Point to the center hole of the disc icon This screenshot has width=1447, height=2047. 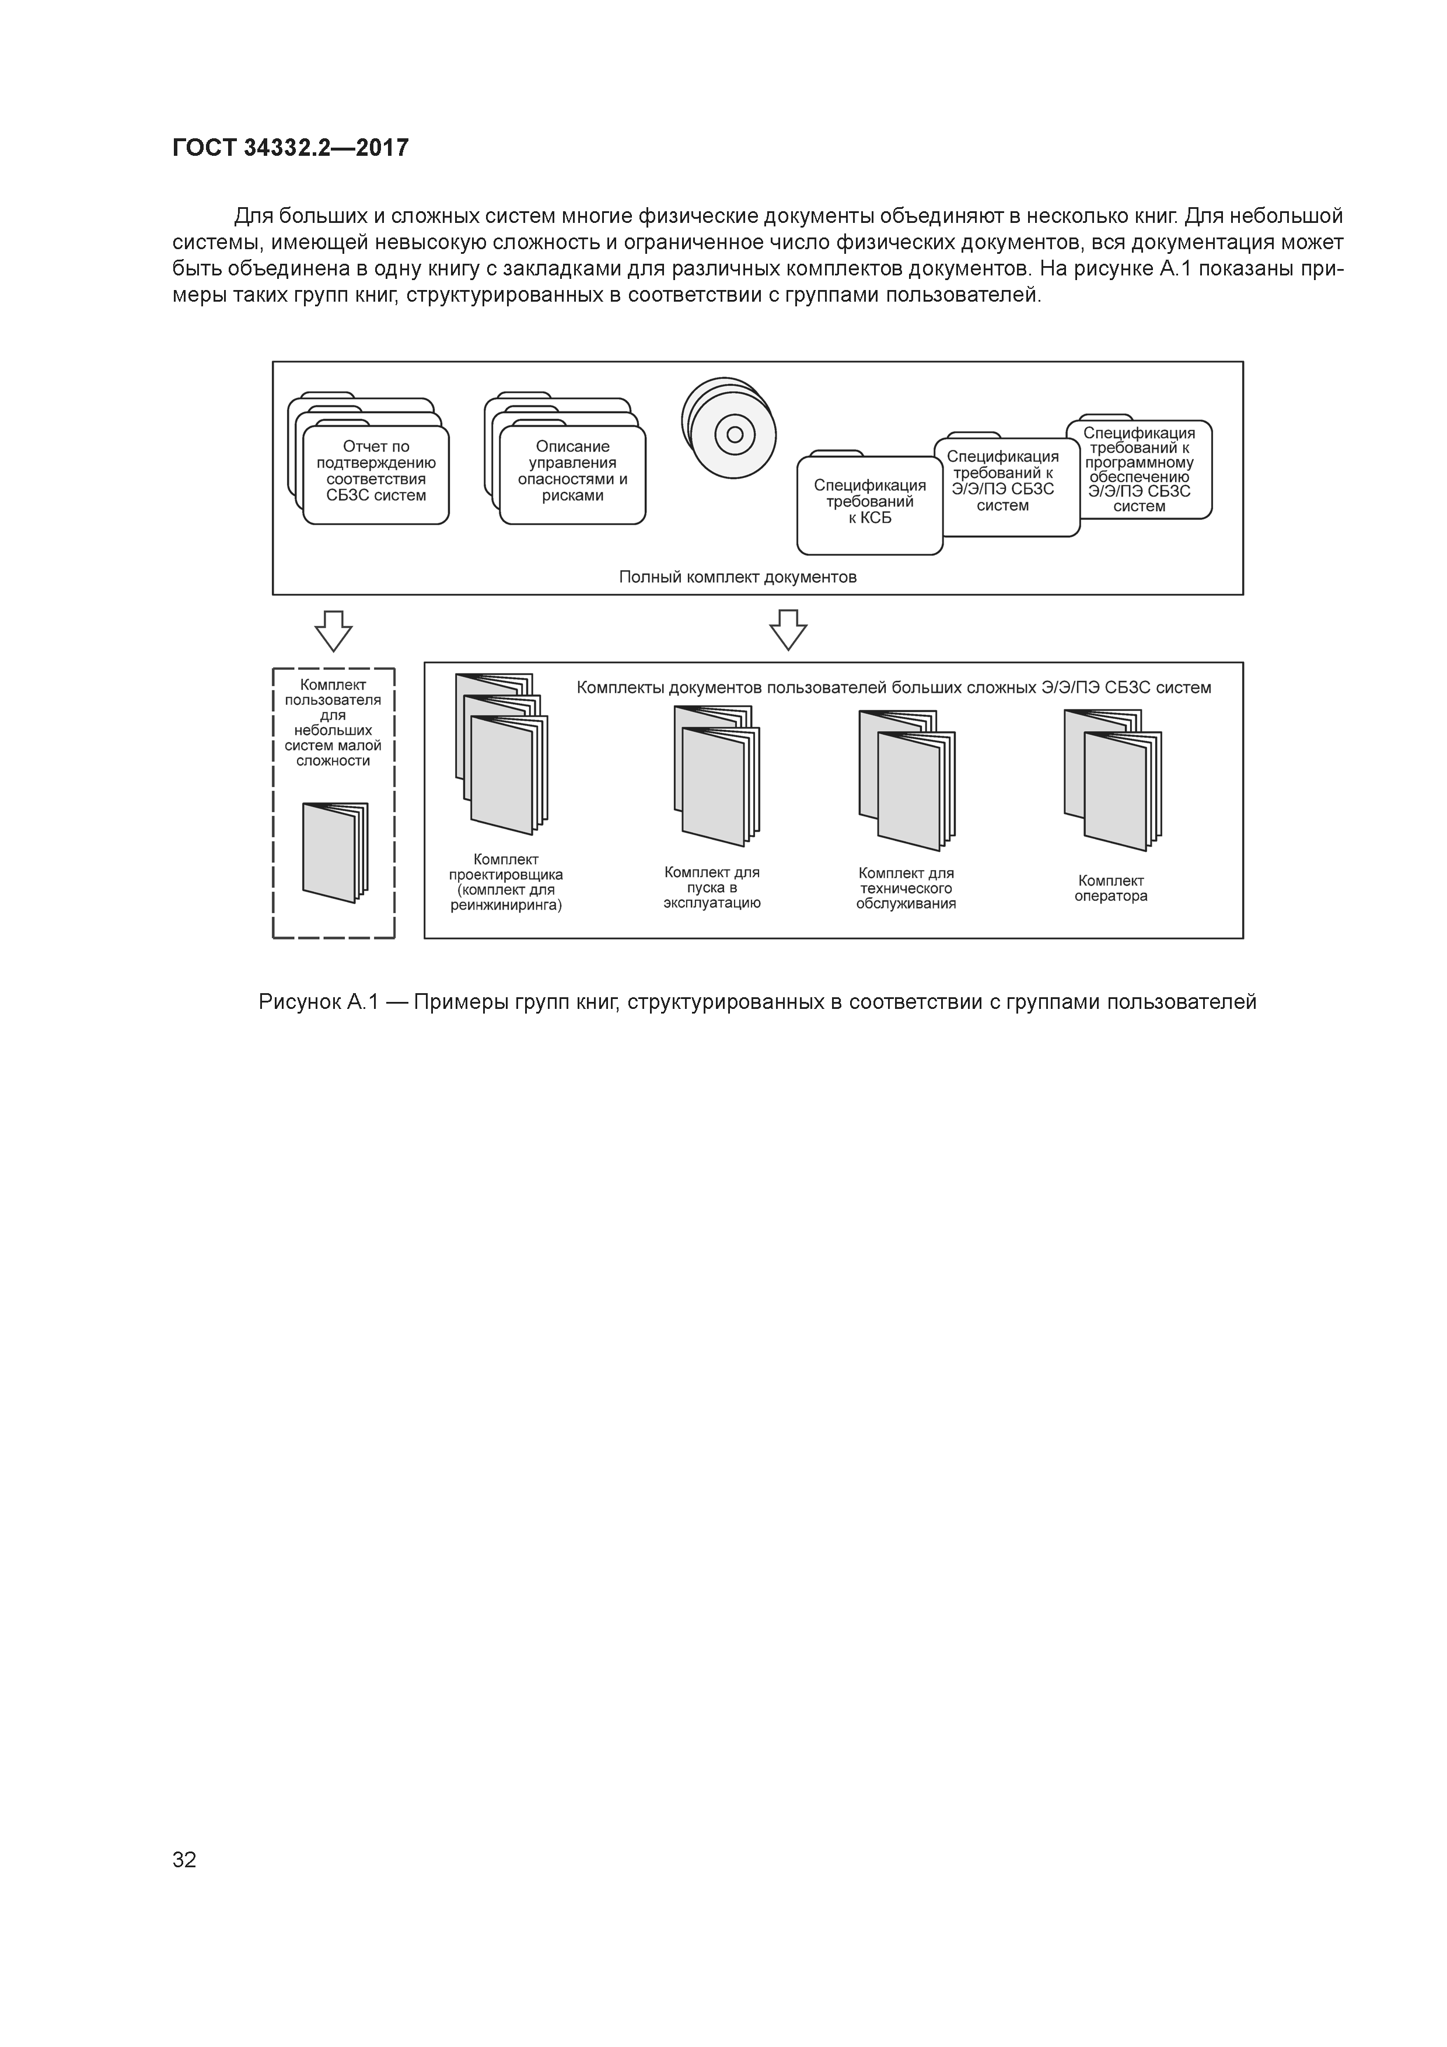(x=735, y=434)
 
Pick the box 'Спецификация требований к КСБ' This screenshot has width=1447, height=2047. (x=869, y=503)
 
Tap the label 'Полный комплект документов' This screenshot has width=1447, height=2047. (x=738, y=577)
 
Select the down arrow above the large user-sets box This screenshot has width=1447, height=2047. (x=788, y=630)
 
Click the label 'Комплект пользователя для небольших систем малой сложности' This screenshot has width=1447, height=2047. (x=333, y=723)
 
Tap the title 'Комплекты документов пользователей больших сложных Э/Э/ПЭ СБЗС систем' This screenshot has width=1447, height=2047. (x=893, y=687)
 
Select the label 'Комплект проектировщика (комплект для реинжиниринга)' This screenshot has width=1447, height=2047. (x=505, y=883)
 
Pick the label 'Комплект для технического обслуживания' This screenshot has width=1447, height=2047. (x=906, y=888)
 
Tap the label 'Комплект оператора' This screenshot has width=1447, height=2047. (x=1111, y=888)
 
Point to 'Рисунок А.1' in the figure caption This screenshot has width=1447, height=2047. (x=319, y=1002)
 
